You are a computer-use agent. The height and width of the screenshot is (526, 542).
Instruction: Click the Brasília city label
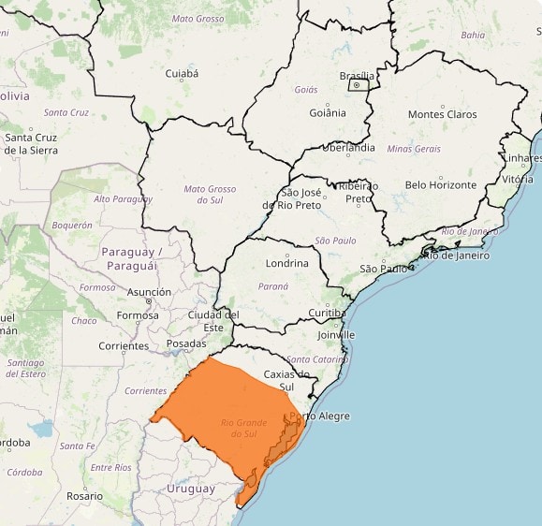pos(357,75)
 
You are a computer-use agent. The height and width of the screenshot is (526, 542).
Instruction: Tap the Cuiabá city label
pos(182,73)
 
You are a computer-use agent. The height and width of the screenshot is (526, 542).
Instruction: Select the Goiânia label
pos(328,113)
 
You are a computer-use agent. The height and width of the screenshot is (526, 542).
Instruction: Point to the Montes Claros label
pos(441,115)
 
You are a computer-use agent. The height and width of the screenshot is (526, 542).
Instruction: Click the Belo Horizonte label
pos(441,185)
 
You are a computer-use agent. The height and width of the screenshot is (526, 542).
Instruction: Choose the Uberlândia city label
pos(348,148)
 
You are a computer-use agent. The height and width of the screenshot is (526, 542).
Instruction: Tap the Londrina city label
pos(286,263)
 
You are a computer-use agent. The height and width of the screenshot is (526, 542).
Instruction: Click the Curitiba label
pos(328,313)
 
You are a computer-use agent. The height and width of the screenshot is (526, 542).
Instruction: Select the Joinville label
pos(336,334)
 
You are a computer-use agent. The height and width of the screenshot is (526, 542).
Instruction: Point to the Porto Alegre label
pos(320,416)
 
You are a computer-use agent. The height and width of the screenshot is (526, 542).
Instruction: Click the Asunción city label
pos(149,292)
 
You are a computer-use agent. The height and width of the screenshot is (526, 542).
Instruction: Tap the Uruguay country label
pos(191,489)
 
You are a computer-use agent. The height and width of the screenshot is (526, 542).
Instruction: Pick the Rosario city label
pos(85,495)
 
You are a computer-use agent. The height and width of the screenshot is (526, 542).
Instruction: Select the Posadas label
pos(186,343)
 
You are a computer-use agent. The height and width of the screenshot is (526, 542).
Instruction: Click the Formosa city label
pos(138,315)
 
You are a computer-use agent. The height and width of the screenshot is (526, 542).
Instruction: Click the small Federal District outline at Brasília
pos(358,85)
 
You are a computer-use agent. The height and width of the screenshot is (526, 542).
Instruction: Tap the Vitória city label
pos(518,179)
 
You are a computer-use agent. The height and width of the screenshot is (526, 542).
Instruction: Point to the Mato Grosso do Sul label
pos(210,195)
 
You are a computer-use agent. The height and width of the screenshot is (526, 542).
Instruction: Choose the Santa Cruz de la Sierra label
pos(31,143)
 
